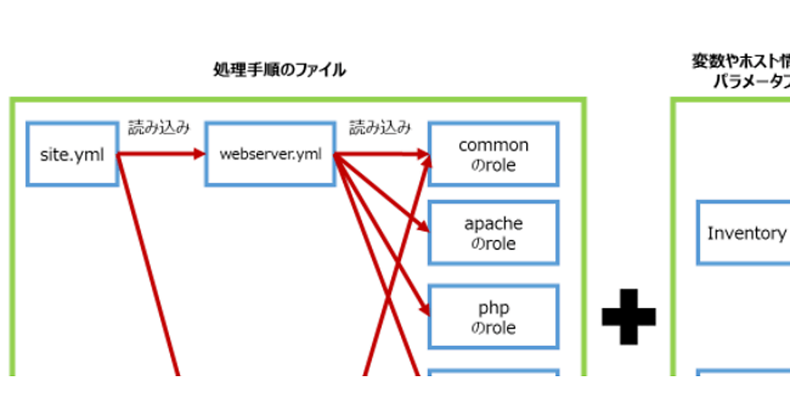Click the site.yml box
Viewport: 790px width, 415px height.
[x=72, y=154]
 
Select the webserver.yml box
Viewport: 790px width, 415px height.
[x=270, y=154]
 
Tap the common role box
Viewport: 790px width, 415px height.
[x=493, y=154]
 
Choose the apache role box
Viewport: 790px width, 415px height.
[x=493, y=233]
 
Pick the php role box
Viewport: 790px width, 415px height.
[x=493, y=317]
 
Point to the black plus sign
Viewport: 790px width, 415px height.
[x=629, y=316]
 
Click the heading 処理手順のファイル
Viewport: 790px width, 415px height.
[x=279, y=70]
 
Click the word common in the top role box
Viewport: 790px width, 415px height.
[x=493, y=145]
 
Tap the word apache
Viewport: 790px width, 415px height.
[x=493, y=224]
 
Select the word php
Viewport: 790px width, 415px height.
[x=493, y=308]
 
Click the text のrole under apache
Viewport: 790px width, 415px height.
[x=493, y=244]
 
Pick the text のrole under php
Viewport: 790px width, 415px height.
[x=493, y=327]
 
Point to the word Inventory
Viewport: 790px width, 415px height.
[x=747, y=233]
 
